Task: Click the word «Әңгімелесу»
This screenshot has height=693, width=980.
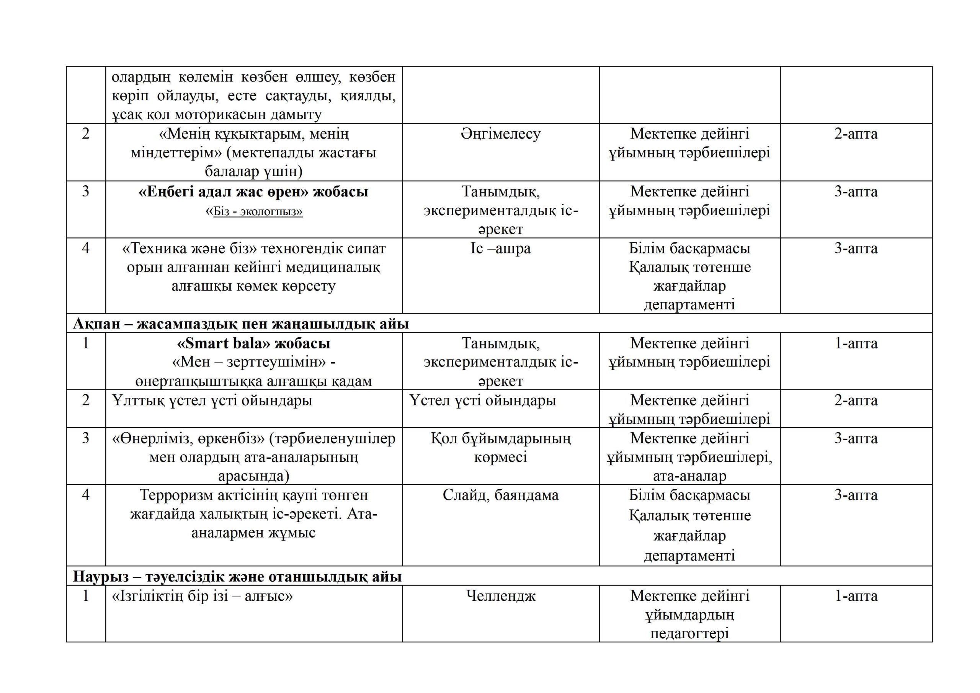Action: click(500, 134)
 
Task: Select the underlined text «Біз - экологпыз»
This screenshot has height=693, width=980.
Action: click(258, 211)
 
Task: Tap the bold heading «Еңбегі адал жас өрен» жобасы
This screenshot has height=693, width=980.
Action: click(253, 192)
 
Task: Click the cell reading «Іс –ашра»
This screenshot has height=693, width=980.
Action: click(500, 248)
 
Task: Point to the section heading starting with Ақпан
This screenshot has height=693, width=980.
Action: click(241, 324)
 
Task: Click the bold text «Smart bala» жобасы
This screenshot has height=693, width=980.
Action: click(253, 343)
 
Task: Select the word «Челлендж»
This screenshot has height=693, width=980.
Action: click(500, 596)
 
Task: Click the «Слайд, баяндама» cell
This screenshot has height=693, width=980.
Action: click(500, 495)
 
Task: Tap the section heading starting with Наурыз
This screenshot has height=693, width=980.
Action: click(237, 577)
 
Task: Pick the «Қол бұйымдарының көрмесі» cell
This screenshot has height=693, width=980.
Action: click(500, 448)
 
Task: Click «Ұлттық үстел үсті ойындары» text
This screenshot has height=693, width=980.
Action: click(212, 400)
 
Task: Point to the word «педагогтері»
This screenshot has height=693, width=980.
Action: click(689, 633)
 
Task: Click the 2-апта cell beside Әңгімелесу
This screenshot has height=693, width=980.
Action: click(856, 134)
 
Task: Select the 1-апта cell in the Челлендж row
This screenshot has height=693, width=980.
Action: click(856, 596)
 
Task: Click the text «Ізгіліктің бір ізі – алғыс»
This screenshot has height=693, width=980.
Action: click(203, 596)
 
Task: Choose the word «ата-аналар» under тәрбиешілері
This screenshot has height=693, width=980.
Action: click(689, 476)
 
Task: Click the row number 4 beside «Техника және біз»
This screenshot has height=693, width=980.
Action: click(86, 248)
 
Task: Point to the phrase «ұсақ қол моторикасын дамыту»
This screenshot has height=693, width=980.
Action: click(216, 114)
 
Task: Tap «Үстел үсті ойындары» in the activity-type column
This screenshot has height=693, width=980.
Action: click(483, 400)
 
